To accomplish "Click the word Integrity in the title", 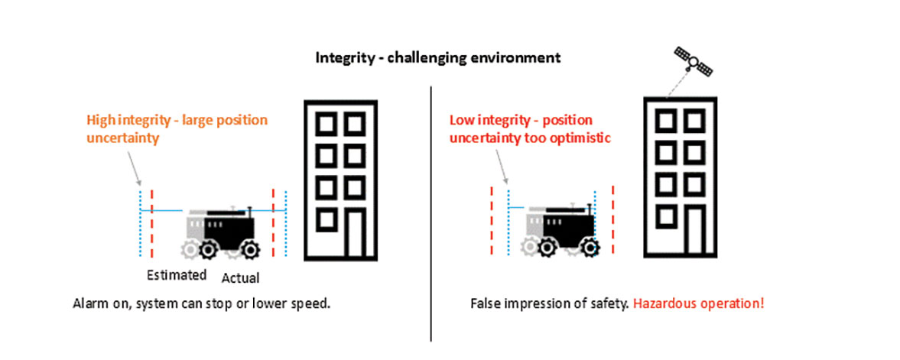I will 340,57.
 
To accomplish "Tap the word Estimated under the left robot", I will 177,275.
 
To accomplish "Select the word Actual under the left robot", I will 240,276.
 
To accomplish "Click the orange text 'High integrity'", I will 123,121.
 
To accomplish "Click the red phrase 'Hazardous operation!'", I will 698,303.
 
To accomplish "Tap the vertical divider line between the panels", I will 431,214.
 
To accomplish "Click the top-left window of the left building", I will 326,123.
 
